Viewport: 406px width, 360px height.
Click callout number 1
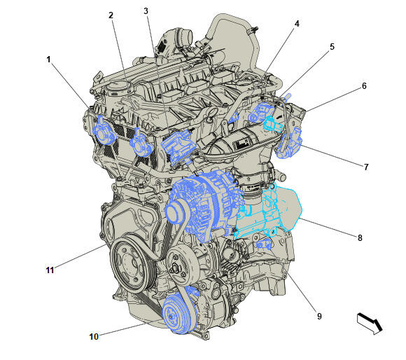pyautogui.click(x=48, y=60)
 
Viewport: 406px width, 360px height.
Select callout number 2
pyautogui.click(x=111, y=15)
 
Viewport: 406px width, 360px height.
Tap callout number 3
pyautogui.click(x=146, y=11)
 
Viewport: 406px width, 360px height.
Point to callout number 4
pyautogui.click(x=297, y=24)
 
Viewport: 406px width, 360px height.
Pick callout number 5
pyautogui.click(x=332, y=47)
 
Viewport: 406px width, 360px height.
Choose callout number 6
pyautogui.click(x=364, y=85)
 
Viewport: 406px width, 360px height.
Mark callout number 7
pyautogui.click(x=366, y=167)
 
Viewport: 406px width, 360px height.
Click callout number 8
pyautogui.click(x=360, y=237)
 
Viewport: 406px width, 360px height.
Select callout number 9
pyautogui.click(x=319, y=316)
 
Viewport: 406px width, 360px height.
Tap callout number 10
pyautogui.click(x=94, y=336)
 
